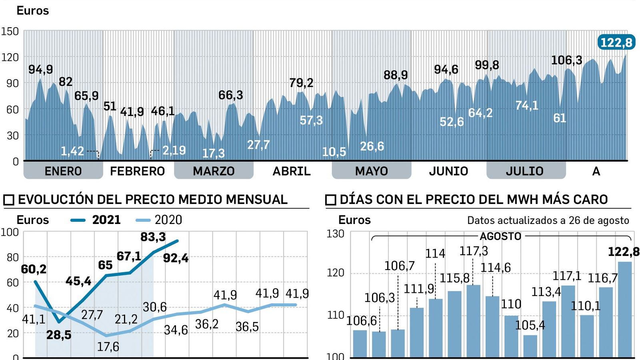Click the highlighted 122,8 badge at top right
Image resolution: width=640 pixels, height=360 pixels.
click(616, 42)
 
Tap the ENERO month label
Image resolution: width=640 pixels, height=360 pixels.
click(63, 171)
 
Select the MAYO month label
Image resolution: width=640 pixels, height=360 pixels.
click(371, 171)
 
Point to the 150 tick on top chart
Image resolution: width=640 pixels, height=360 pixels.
click(10, 31)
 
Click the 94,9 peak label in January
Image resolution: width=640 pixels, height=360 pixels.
click(40, 70)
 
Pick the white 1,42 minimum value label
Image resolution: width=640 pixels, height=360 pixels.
click(72, 151)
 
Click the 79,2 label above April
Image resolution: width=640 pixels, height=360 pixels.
click(301, 83)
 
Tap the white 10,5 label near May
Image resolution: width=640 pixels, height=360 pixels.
click(334, 152)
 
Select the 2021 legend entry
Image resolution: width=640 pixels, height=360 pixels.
click(96, 220)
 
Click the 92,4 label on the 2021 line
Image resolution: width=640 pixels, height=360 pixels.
click(176, 258)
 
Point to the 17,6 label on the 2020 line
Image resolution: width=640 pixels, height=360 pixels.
click(108, 346)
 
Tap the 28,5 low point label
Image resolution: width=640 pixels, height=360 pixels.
click(59, 335)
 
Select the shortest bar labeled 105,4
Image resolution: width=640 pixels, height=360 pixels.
click(530, 346)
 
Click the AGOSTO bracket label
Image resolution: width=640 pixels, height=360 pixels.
click(500, 236)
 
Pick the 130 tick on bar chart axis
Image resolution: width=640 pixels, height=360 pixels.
click(335, 234)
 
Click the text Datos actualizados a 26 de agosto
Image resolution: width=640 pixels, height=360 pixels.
click(548, 220)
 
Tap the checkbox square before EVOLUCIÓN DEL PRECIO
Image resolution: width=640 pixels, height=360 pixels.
click(9, 200)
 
